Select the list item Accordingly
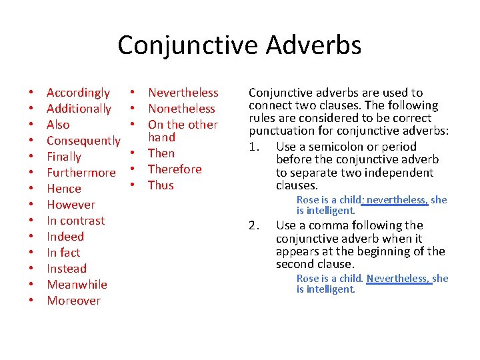pyautogui.click(x=78, y=93)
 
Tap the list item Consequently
pyautogui.click(x=83, y=141)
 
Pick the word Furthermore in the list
pyautogui.click(x=81, y=173)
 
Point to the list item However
pyautogui.click(x=71, y=205)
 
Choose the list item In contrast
pyautogui.click(x=75, y=221)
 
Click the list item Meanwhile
pyautogui.click(x=77, y=285)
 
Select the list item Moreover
pyautogui.click(x=73, y=301)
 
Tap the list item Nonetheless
pyautogui.click(x=181, y=109)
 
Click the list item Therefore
pyautogui.click(x=174, y=169)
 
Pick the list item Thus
pyautogui.click(x=161, y=185)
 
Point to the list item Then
pyautogui.click(x=161, y=153)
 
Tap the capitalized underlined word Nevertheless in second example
pyautogui.click(x=397, y=279)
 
